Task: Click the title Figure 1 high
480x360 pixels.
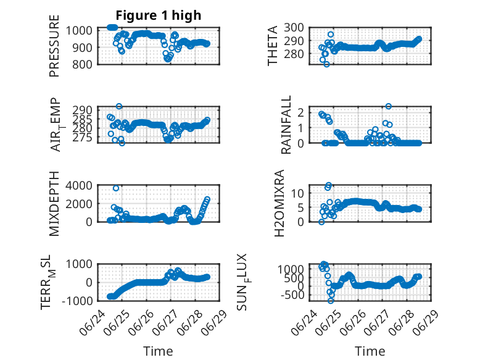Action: [x=159, y=15]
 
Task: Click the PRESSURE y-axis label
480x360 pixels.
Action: [x=54, y=46]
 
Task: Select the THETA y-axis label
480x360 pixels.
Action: [x=272, y=46]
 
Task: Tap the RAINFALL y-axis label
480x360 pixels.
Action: [x=286, y=125]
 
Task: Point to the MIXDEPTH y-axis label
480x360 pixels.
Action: [x=54, y=204]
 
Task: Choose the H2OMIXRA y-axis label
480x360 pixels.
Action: [x=279, y=203]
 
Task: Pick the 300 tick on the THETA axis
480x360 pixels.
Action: [x=294, y=28]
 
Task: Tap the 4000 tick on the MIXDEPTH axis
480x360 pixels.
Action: [x=79, y=185]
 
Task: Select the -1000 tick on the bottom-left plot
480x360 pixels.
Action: [x=77, y=301]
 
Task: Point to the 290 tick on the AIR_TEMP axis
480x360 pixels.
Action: [x=82, y=110]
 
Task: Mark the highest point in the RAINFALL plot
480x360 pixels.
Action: [x=389, y=106]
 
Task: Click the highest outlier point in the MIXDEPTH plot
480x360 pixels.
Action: [x=116, y=188]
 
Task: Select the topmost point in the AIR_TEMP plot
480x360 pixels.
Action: [x=119, y=106]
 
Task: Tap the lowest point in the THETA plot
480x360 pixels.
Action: [x=326, y=64]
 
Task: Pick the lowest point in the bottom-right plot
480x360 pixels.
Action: [x=331, y=301]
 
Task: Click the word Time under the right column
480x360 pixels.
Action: [x=370, y=351]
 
